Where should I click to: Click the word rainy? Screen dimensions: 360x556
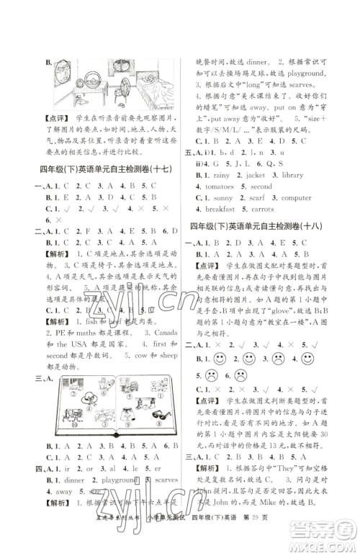(x=217, y=154)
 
